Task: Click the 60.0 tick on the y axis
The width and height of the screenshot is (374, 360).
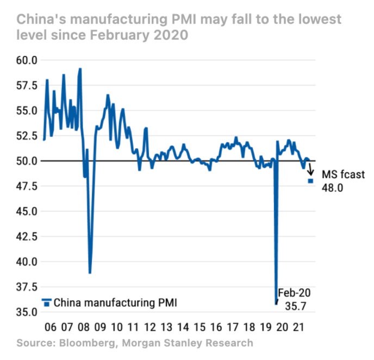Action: click(26, 60)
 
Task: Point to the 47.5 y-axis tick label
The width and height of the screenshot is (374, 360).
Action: click(26, 186)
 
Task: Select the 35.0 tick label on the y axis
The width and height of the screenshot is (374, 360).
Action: click(26, 312)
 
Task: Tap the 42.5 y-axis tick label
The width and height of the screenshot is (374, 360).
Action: click(26, 236)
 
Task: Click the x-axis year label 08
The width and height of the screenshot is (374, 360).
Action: click(84, 327)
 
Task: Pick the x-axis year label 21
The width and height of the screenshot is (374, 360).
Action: click(298, 327)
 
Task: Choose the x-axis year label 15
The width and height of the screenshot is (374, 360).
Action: click(200, 327)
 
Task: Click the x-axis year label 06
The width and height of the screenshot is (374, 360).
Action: click(51, 327)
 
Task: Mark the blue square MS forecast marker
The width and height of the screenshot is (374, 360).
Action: click(311, 181)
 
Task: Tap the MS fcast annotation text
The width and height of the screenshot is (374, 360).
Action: click(343, 174)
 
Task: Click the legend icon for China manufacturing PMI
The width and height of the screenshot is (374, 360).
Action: click(47, 302)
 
